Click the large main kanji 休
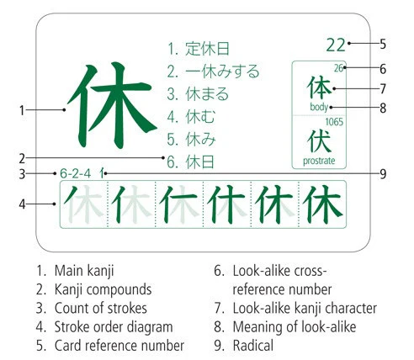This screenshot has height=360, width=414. pyautogui.click(x=112, y=105)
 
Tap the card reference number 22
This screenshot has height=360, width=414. pyautogui.click(x=336, y=45)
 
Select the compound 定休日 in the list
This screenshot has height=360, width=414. pyautogui.click(x=207, y=49)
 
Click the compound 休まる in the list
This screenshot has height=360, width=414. pyautogui.click(x=207, y=94)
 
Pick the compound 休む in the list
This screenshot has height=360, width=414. pyautogui.click(x=200, y=117)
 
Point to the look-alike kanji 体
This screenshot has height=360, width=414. pyautogui.click(x=319, y=87)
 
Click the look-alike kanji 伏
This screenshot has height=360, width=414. pyautogui.click(x=319, y=141)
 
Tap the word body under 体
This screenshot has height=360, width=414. pyautogui.click(x=319, y=107)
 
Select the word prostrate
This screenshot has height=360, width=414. pyautogui.click(x=319, y=161)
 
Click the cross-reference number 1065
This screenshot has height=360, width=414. pyautogui.click(x=334, y=122)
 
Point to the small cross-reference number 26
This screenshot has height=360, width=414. pyautogui.click(x=338, y=68)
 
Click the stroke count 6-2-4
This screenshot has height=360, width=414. pyautogui.click(x=76, y=174)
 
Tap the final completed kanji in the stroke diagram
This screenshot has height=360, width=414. pyautogui.click(x=322, y=204)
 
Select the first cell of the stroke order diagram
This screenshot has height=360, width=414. pyautogui.click(x=84, y=204)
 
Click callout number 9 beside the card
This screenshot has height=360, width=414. pyautogui.click(x=383, y=174)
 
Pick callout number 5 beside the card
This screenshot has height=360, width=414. pyautogui.click(x=383, y=45)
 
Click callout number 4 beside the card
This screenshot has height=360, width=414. pyautogui.click(x=22, y=204)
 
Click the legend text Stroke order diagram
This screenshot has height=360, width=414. pyautogui.click(x=114, y=327)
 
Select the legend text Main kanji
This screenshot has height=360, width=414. pyautogui.click(x=84, y=271)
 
